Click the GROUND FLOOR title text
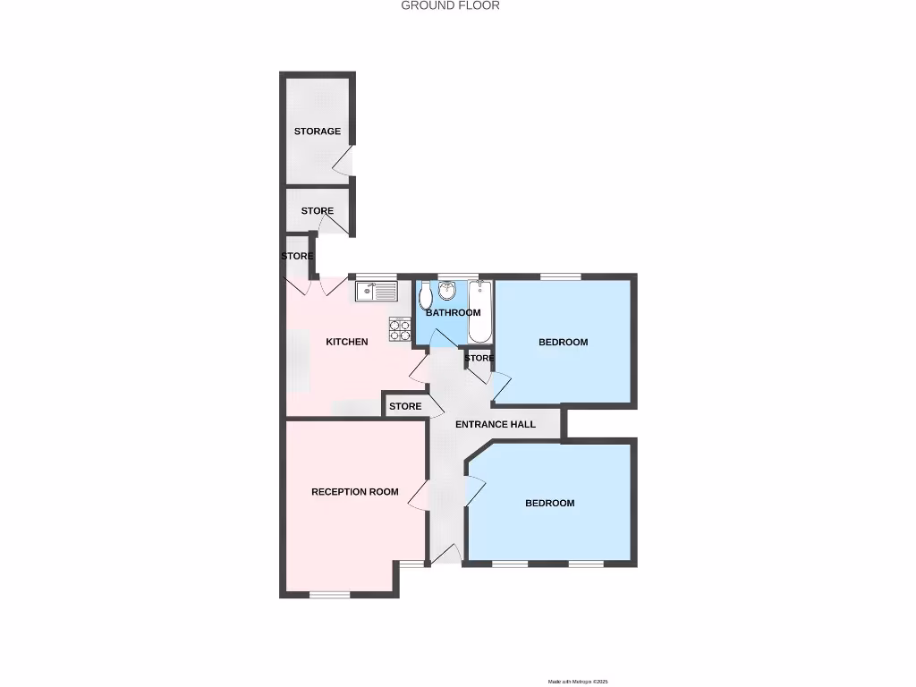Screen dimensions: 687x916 pos(450,5)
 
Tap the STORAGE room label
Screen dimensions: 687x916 pos(318,131)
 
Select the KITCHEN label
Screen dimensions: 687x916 pos(346,342)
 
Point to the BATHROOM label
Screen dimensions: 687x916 pos(453,313)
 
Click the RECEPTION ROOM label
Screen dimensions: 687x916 pos(354,492)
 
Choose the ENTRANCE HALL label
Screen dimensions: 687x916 pos(496,424)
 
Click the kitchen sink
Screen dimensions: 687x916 pos(376,291)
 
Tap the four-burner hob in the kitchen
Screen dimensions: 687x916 pos(400,329)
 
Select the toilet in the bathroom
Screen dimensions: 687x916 pos(426,294)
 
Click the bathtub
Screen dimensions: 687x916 pos(480,310)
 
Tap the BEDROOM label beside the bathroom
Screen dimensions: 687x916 pos(563,342)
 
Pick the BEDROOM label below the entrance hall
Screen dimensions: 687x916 pos(549,503)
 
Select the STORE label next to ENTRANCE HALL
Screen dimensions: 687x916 pos(405,407)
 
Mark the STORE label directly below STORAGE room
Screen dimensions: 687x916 pos(318,211)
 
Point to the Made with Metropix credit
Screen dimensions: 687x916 pos(577,682)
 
